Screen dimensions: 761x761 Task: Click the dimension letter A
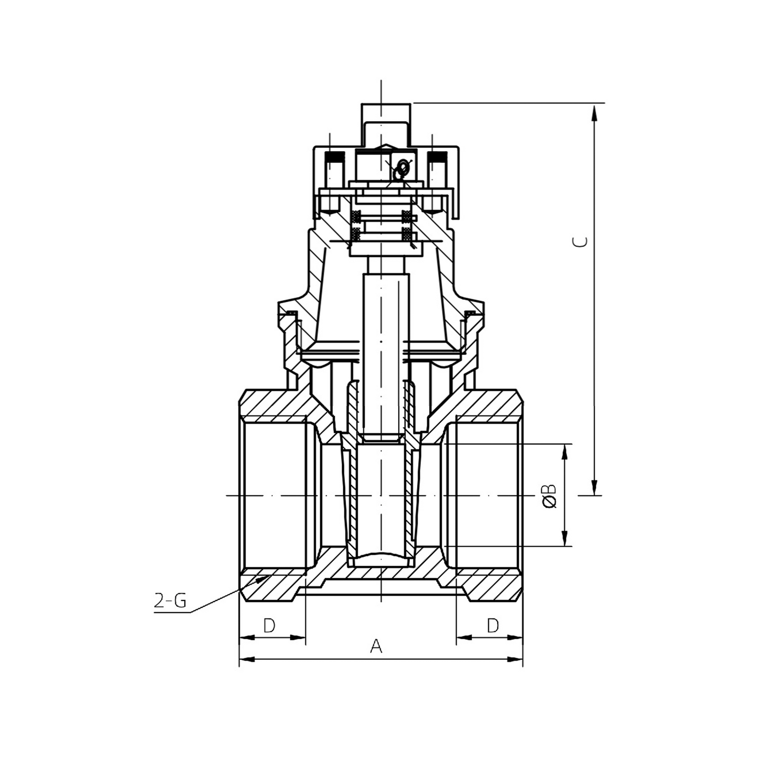(375, 646)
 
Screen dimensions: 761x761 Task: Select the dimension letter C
(580, 242)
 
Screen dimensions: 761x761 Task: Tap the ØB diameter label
(549, 496)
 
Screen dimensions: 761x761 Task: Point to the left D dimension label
(269, 626)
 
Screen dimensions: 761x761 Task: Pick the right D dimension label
(492, 626)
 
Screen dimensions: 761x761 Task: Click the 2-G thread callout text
(170, 601)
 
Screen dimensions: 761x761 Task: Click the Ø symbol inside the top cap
(401, 169)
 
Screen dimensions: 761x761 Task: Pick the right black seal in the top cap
(437, 157)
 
